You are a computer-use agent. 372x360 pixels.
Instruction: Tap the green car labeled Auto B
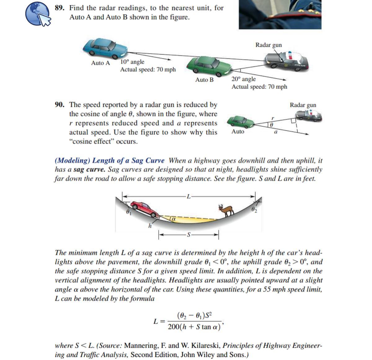coord(209,66)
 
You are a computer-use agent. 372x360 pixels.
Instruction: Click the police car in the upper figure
coord(287,61)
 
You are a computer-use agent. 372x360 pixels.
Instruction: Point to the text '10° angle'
coord(132,62)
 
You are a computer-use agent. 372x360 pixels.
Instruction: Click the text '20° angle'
coord(244,79)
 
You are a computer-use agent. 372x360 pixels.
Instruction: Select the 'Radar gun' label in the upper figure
coord(268,45)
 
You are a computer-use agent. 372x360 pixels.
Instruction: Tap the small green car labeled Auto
coord(241,122)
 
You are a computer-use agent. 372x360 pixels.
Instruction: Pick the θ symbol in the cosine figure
coord(271,125)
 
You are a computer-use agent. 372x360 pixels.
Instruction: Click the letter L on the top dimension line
coord(189,196)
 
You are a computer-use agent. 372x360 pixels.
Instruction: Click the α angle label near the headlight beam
coord(174,219)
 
